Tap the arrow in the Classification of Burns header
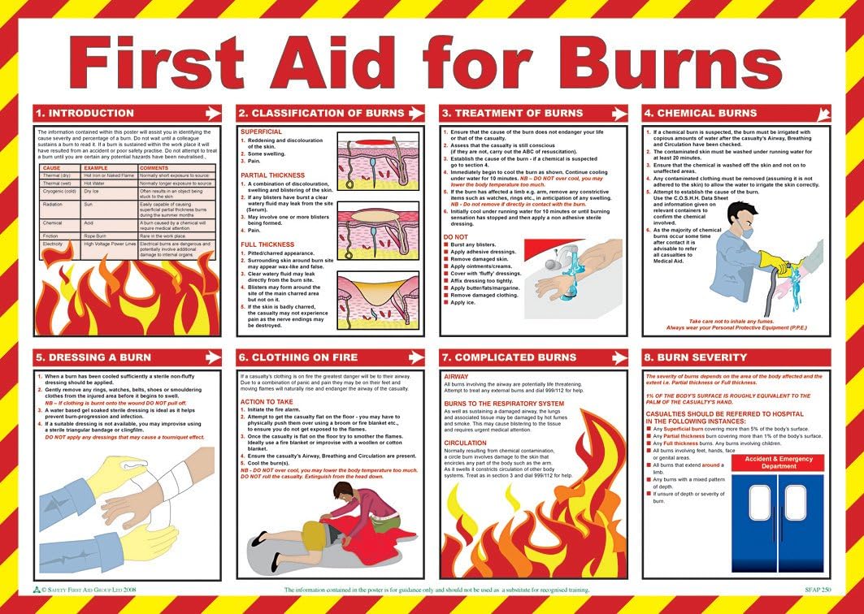tap(415, 113)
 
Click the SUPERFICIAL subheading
tap(262, 132)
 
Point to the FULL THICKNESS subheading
tap(267, 244)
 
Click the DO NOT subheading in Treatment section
tap(456, 237)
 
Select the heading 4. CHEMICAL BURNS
tap(700, 113)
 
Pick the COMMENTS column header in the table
tap(154, 167)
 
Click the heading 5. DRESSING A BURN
tap(91, 357)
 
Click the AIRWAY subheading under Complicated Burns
tap(456, 377)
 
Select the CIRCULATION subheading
tap(466, 443)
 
